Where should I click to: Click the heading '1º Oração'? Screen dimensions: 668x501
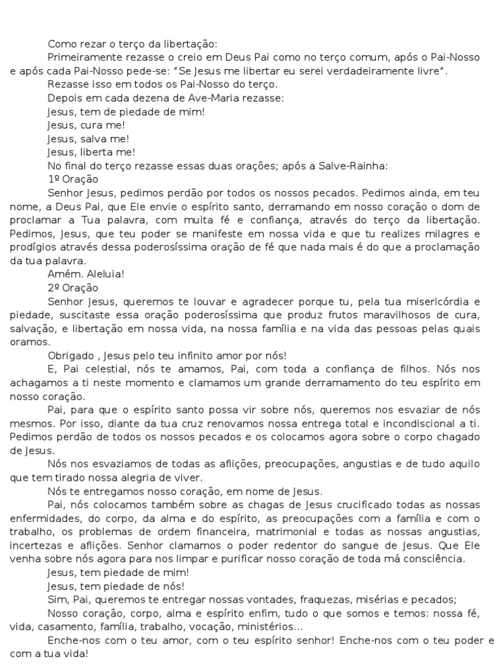pos(73,179)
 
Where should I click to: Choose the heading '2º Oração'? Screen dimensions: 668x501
pos(73,288)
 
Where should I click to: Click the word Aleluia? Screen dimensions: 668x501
pos(106,274)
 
